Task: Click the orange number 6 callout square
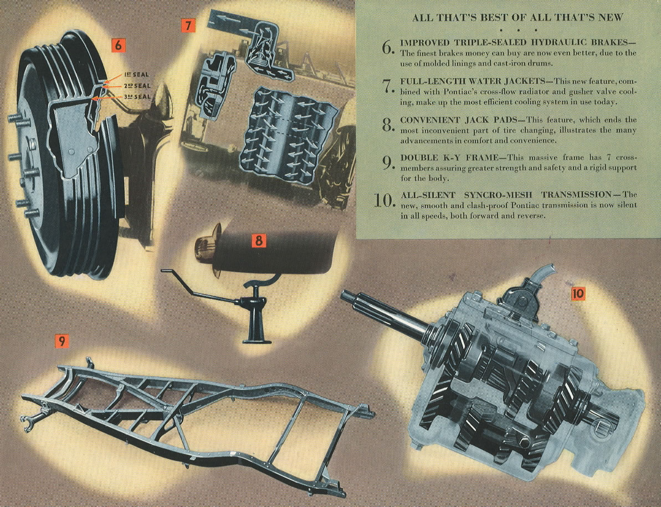118,45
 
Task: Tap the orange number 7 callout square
188,26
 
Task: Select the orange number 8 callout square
258,241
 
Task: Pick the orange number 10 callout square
579,293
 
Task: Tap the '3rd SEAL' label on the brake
137,97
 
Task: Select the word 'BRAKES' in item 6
613,43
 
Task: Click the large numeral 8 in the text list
388,125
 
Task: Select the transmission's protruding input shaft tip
345,296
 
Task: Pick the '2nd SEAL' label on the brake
137,85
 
